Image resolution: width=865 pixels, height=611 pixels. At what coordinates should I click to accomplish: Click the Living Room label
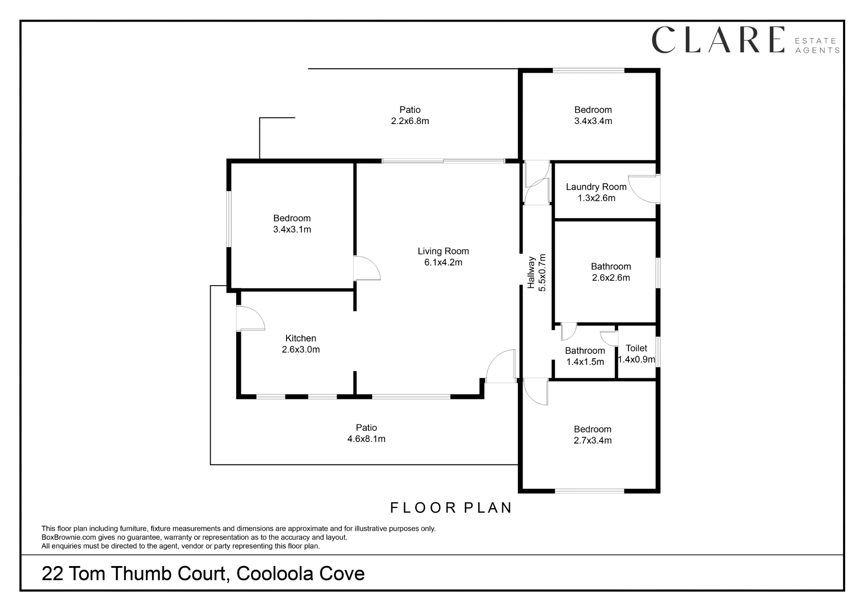tap(443, 251)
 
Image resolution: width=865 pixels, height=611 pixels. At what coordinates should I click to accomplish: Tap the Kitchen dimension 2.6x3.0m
tap(301, 350)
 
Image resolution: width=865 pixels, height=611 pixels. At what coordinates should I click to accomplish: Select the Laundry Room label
tap(596, 187)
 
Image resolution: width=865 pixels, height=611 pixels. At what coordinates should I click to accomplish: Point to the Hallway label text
tap(531, 273)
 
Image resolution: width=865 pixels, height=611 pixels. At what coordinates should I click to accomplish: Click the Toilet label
tap(636, 348)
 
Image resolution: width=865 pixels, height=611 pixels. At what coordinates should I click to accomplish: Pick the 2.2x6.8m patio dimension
tap(410, 121)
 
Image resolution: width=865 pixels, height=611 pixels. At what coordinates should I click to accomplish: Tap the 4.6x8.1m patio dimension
tap(366, 439)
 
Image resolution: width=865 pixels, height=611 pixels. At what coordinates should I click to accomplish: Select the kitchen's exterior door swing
tap(251, 318)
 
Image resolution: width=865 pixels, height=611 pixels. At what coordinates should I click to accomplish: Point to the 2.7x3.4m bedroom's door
tap(535, 392)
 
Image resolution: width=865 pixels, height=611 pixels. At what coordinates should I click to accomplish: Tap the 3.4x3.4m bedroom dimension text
tap(593, 121)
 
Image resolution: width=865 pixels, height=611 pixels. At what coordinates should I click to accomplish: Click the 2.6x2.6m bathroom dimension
tap(611, 278)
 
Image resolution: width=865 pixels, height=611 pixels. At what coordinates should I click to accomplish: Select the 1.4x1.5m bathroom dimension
tap(585, 362)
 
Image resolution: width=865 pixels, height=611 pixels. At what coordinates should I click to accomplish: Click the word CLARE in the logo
tap(718, 40)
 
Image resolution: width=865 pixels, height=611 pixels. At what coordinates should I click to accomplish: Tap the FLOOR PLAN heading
tap(451, 508)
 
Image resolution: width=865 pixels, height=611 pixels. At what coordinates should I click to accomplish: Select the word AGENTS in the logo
tap(817, 51)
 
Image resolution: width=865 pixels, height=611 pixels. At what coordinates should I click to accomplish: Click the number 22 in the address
tap(52, 574)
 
